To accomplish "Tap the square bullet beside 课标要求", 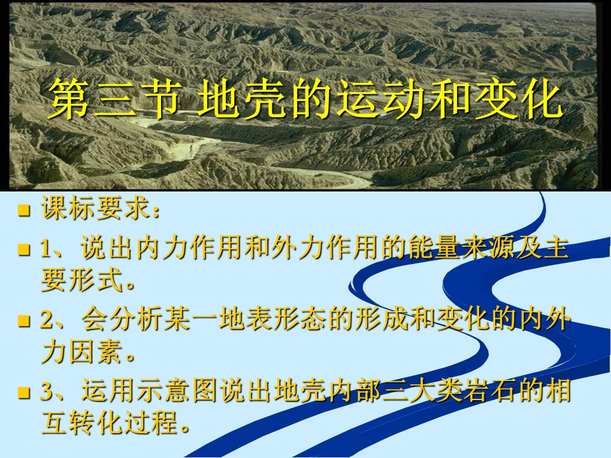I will coord(24,211).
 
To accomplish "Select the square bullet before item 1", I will coord(24,249).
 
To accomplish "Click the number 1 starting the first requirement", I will coord(46,249).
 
